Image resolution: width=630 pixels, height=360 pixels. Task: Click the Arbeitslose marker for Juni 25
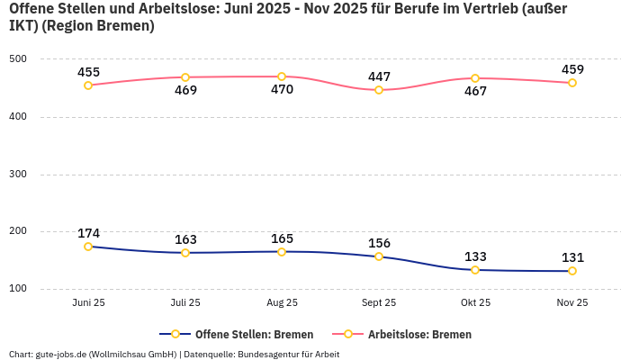[88, 85]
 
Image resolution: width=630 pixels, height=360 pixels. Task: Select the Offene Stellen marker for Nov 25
[572, 271]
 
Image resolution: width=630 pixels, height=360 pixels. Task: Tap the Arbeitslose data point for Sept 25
[379, 90]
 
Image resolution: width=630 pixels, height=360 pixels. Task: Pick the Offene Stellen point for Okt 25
[475, 270]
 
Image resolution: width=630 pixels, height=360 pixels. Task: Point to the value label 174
[88, 233]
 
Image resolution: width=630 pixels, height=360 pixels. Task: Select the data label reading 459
[572, 69]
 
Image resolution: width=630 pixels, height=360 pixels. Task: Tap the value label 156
[379, 243]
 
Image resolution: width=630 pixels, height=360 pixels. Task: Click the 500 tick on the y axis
[19, 59]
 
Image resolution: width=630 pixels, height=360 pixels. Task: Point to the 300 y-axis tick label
[19, 175]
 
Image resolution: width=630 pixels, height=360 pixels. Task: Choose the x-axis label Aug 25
[282, 303]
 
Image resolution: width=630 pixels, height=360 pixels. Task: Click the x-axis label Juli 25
[185, 303]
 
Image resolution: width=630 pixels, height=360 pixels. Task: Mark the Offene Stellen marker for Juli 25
[185, 253]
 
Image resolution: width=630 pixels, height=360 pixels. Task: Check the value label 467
[475, 92]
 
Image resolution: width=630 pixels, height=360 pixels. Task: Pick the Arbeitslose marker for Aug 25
[282, 76]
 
